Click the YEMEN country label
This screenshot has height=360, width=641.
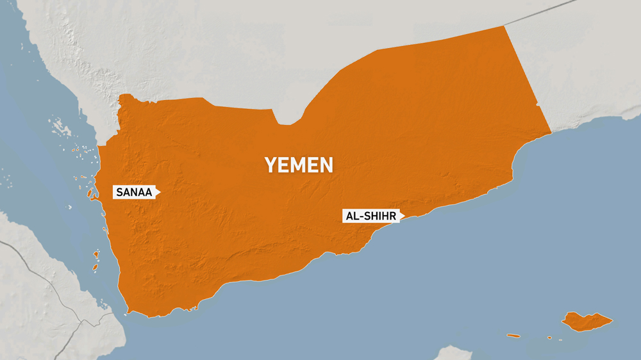299,165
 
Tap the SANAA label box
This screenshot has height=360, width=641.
134,192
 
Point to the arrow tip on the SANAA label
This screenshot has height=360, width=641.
159,192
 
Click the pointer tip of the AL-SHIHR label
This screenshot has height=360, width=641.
404,217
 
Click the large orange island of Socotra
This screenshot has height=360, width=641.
586,322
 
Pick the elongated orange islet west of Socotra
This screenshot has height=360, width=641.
513,335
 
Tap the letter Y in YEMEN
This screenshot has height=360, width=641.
271,165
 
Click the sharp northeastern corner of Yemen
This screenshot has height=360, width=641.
504,26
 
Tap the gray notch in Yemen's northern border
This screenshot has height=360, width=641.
286,119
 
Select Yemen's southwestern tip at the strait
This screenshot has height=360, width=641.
129,312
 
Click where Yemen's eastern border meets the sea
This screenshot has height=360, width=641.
551,133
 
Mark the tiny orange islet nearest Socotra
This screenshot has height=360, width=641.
550,338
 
